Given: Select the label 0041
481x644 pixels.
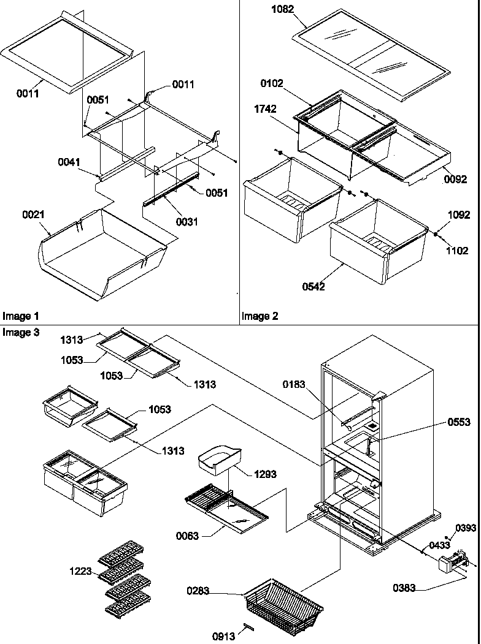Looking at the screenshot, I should pos(68,162).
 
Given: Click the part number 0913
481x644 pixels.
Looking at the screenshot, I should pos(223,636).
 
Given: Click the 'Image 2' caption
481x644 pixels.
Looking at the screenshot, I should pos(260,316).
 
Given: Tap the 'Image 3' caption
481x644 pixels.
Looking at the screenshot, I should pos(21,332).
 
